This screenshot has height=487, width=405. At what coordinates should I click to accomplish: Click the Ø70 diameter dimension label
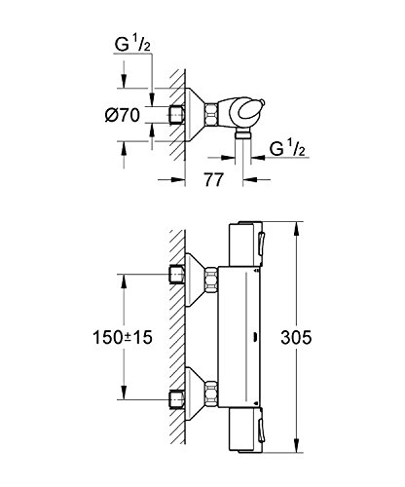tap(123, 115)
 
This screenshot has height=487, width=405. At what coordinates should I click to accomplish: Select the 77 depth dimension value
tap(213, 179)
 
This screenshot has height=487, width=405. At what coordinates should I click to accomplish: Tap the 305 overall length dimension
tap(296, 337)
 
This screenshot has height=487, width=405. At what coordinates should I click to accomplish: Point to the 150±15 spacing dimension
tap(123, 337)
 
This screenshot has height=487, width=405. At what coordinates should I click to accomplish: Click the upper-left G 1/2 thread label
tap(132, 45)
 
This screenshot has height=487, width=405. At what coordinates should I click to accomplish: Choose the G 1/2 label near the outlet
tap(287, 149)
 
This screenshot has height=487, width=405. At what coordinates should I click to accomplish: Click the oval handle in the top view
tap(250, 109)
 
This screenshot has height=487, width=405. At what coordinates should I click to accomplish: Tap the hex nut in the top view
tap(210, 114)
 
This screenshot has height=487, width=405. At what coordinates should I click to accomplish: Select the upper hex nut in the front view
tap(211, 281)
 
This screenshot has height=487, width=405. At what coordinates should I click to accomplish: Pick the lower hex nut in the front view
tap(211, 394)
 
